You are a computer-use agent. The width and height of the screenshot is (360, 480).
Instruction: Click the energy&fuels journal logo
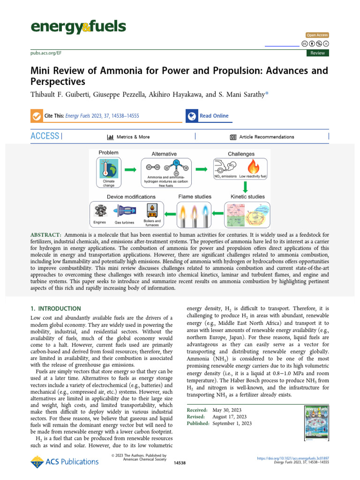(78, 27)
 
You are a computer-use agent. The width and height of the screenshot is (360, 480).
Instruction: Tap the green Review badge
(317, 53)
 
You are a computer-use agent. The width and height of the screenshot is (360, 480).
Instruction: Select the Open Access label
(317, 35)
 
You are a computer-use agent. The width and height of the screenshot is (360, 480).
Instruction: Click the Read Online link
(214, 116)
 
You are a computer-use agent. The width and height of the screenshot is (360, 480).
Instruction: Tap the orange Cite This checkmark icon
(36, 116)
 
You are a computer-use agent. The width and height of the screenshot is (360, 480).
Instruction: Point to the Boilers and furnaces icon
(152, 209)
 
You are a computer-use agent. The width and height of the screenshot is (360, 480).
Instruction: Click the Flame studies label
(195, 196)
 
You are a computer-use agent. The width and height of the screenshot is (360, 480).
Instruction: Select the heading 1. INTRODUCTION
(56, 309)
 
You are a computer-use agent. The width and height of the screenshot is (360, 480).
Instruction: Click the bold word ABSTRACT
(46, 234)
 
